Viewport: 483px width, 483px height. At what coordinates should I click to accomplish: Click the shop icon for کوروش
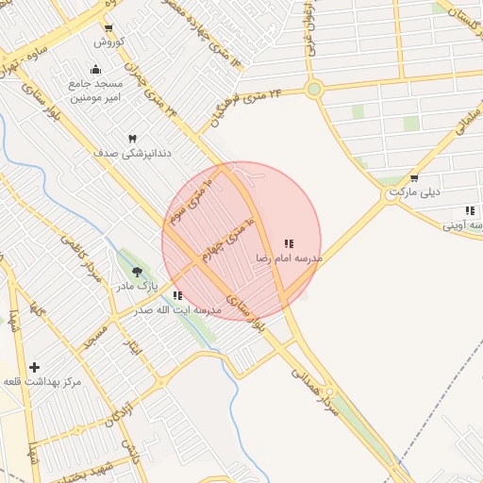click(108, 28)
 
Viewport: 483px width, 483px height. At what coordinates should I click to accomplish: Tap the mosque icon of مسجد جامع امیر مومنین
click(95, 69)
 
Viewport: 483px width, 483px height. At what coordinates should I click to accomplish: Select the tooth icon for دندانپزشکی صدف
click(132, 139)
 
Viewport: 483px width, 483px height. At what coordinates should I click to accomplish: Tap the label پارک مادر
click(138, 285)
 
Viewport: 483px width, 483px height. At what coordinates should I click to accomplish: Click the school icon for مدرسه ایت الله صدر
click(178, 295)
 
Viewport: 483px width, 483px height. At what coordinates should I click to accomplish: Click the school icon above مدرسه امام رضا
click(289, 243)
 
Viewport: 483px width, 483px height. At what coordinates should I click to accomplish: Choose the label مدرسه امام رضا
click(289, 258)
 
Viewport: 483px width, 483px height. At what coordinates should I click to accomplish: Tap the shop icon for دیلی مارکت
click(414, 177)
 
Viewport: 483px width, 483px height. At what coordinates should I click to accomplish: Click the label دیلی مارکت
click(416, 192)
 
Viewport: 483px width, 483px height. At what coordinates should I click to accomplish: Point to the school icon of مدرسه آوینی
click(469, 211)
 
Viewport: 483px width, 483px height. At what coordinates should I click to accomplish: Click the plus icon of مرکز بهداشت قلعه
click(35, 367)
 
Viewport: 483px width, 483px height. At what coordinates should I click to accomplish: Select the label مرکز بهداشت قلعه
click(42, 381)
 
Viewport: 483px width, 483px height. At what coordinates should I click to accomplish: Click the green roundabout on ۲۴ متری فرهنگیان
click(314, 90)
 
